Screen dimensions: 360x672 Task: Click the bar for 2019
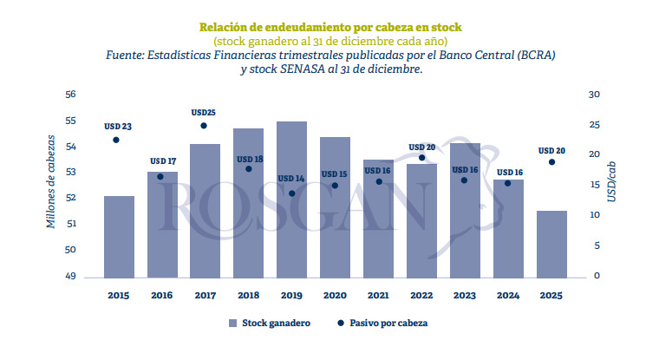click(x=291, y=200)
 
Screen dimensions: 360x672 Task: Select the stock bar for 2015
click(x=119, y=236)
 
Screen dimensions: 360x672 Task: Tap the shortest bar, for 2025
click(x=551, y=244)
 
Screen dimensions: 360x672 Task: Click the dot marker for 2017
click(x=204, y=126)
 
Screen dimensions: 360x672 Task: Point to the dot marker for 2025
click(x=551, y=162)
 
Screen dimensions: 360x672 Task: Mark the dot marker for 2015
click(x=116, y=140)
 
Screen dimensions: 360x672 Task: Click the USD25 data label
click(x=205, y=113)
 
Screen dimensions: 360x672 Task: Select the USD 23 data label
click(x=118, y=126)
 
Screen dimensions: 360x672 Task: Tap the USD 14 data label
click(x=291, y=179)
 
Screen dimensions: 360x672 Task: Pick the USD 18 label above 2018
click(x=249, y=159)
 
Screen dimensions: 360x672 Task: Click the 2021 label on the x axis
click(x=378, y=296)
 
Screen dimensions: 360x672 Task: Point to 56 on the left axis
click(x=71, y=95)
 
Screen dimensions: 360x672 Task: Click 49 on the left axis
click(x=71, y=277)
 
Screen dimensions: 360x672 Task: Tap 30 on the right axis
click(x=593, y=95)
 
